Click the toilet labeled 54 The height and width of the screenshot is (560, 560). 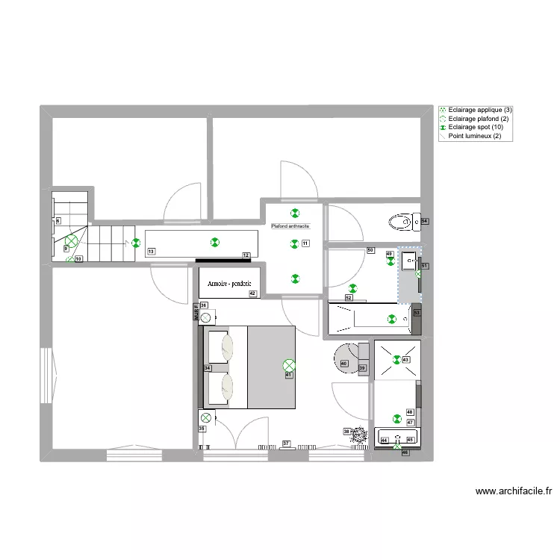pos(401,222)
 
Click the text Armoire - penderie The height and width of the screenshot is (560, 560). pos(229,283)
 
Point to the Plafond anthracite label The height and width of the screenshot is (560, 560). pos(290,225)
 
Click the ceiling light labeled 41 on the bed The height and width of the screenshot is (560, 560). pos(289,365)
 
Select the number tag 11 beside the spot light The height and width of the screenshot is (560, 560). pos(305,243)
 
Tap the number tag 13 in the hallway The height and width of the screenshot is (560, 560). pos(152,252)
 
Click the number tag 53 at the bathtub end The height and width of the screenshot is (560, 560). pos(417,313)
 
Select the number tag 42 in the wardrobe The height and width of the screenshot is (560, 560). pos(253,293)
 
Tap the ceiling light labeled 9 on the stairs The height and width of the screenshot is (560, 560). pos(72,241)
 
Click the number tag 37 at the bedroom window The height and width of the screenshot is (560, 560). pos(286,444)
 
